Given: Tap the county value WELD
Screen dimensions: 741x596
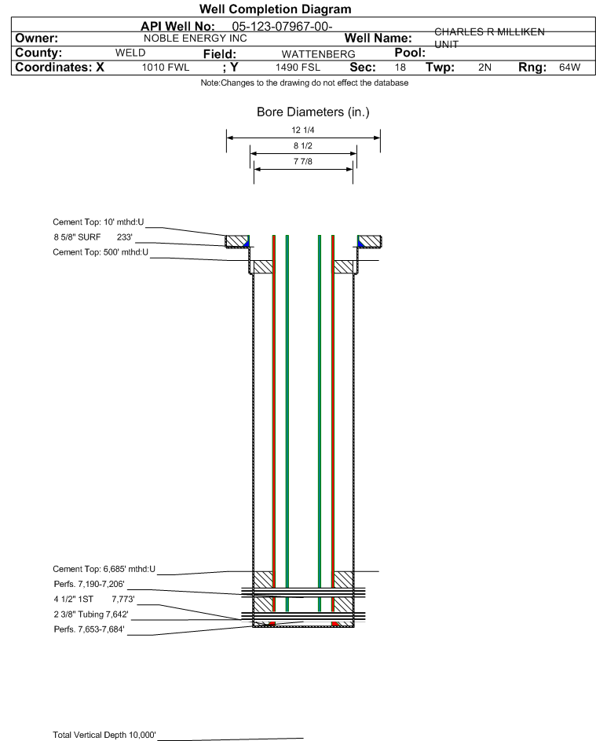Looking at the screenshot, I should click(x=130, y=53).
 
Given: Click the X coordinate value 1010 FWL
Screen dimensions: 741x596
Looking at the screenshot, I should click(x=166, y=68).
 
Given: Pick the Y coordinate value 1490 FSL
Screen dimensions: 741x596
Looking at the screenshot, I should click(x=298, y=68).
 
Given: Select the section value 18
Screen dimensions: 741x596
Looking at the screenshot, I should click(x=400, y=68).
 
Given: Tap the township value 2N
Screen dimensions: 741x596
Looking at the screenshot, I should click(x=484, y=68).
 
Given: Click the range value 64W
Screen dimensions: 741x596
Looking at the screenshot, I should click(x=569, y=68).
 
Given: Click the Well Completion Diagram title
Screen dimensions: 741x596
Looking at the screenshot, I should click(x=275, y=9).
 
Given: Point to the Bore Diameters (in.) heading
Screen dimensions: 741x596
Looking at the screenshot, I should click(x=313, y=112).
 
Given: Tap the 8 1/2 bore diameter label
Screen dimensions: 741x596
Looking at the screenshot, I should click(x=303, y=145).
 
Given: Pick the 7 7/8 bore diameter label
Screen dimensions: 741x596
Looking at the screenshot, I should click(x=303, y=160).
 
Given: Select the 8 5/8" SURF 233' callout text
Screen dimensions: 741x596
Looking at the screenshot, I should click(x=93, y=237).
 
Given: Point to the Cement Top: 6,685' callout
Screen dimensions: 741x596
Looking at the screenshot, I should click(x=104, y=569).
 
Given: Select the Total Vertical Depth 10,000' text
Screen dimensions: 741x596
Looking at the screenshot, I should click(x=104, y=735).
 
